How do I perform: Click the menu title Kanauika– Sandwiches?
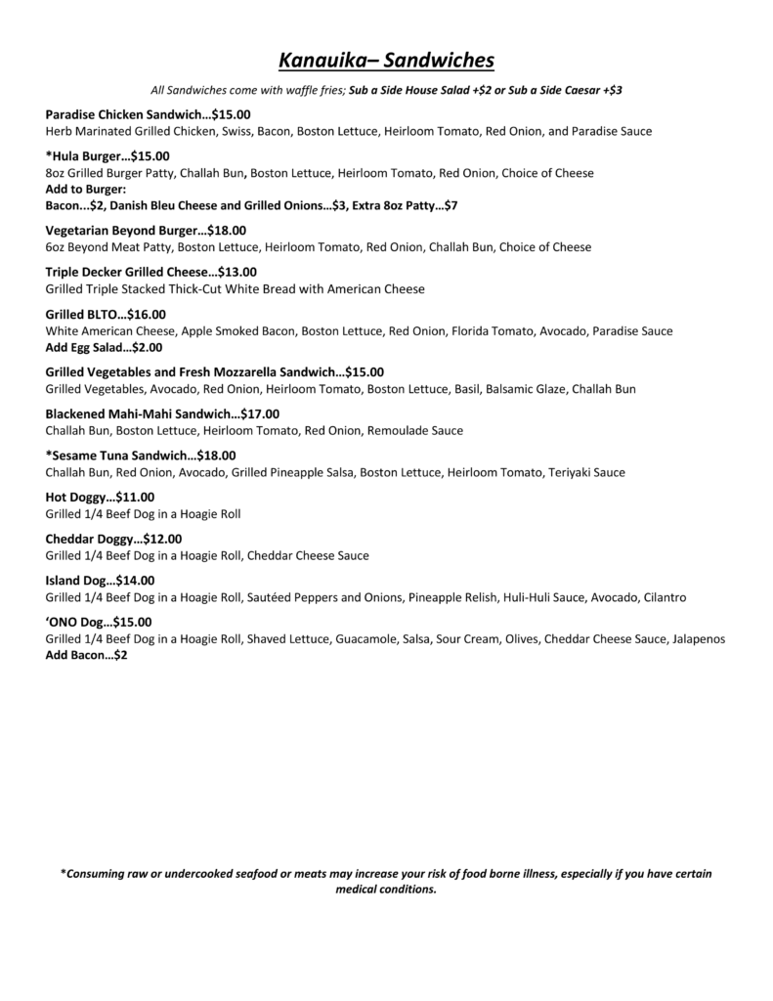coord(386,62)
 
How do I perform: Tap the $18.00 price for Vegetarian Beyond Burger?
coord(227,231)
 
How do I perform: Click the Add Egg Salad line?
coord(104,347)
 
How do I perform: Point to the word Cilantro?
coord(664,596)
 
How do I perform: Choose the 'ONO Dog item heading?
coord(75,622)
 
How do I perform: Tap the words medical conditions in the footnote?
coord(385,890)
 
